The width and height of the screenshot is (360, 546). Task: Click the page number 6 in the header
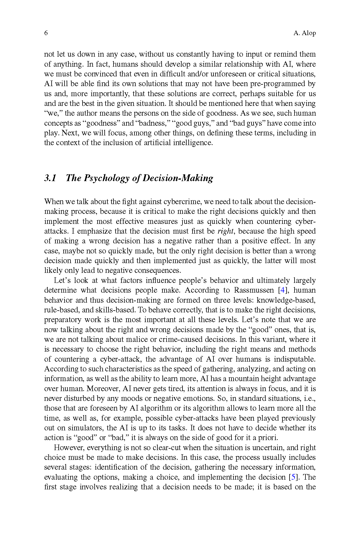[46, 33]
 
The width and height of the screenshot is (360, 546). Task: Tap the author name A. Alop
[305, 33]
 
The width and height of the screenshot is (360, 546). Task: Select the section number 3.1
[50, 178]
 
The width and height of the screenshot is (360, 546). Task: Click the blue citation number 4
[282, 290]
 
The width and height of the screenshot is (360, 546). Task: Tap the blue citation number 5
[293, 477]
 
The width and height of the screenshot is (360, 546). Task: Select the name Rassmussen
[254, 290]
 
